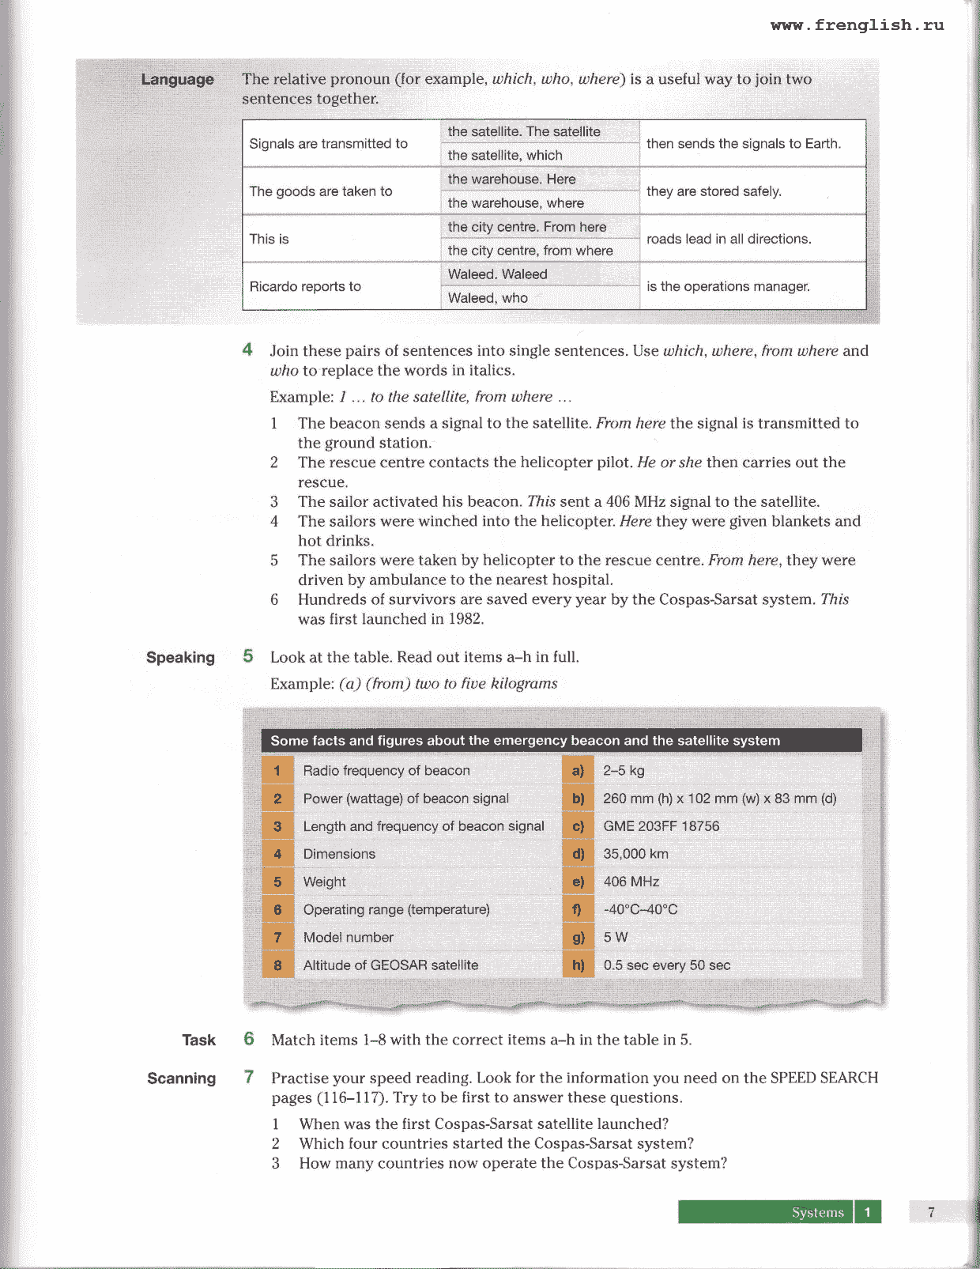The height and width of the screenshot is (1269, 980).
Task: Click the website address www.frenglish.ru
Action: [x=857, y=25]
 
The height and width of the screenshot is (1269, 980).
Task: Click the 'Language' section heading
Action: [x=177, y=79]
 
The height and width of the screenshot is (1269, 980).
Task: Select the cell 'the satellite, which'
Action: [x=505, y=156]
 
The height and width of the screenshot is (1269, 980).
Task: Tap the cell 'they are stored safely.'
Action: [x=714, y=191]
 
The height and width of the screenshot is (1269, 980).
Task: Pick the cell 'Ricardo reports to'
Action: [x=305, y=286]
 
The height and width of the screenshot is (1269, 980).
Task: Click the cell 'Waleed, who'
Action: [x=488, y=298]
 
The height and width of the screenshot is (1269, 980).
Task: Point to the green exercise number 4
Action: [x=247, y=349]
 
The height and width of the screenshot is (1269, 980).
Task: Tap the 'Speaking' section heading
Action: [x=180, y=658]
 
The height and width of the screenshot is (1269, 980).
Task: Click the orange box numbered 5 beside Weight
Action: [x=277, y=882]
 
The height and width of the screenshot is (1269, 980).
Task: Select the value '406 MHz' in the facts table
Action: [x=631, y=882]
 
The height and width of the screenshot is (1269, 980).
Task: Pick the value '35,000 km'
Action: [x=635, y=854]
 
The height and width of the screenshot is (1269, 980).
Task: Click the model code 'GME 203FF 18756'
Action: [x=661, y=826]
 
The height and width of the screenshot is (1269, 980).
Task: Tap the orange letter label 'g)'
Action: [x=578, y=937]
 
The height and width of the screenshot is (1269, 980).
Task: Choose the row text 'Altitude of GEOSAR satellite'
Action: [x=390, y=965]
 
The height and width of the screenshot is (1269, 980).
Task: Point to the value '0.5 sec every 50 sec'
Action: [x=666, y=965]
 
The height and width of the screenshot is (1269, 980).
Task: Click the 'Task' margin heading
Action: [x=198, y=1041]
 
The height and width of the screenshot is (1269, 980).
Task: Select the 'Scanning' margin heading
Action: [x=181, y=1078]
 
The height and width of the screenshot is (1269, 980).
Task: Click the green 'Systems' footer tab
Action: [x=817, y=1212]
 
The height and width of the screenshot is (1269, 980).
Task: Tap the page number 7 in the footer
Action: [x=931, y=1212]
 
